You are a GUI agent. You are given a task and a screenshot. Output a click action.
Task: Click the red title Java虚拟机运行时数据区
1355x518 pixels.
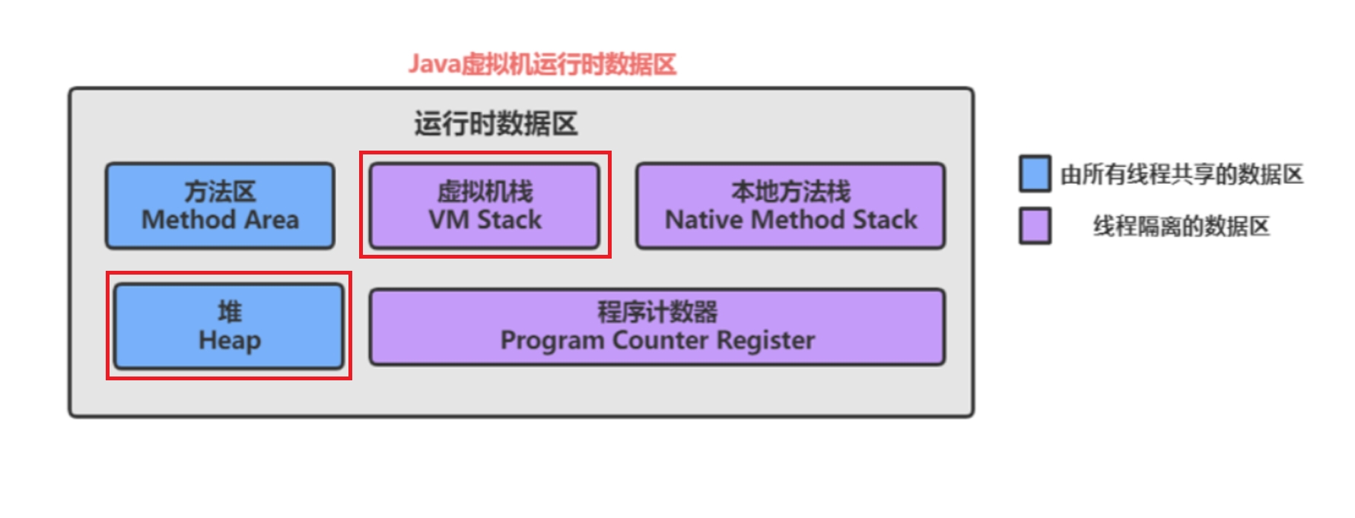(542, 64)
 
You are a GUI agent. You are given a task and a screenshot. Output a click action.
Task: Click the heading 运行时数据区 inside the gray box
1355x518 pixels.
(495, 123)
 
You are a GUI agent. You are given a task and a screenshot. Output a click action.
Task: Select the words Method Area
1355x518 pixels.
(220, 220)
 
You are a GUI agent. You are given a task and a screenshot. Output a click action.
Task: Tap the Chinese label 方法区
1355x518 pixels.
(220, 191)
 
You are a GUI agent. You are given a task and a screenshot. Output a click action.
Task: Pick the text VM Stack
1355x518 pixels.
(485, 220)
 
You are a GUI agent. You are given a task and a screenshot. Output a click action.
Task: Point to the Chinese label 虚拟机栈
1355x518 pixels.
(485, 191)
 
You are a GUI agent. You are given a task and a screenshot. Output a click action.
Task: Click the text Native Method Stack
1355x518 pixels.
(790, 220)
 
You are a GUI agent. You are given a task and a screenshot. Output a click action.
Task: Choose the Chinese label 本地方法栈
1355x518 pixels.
(790, 191)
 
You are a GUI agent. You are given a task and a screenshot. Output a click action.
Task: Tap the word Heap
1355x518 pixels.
(229, 340)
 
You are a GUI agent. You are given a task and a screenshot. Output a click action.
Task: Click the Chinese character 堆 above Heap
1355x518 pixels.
(229, 311)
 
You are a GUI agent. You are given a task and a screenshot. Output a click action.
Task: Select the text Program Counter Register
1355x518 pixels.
(657, 340)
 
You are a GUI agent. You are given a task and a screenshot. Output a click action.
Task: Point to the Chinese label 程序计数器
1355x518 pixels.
(657, 311)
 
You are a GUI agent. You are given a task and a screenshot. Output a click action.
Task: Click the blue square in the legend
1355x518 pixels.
(1035, 173)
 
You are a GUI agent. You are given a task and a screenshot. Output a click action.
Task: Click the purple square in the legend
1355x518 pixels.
(1035, 226)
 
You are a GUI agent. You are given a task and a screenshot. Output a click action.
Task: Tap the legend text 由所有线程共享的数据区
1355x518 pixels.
(1182, 174)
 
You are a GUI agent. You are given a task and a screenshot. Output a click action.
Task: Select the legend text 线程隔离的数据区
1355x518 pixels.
(1182, 226)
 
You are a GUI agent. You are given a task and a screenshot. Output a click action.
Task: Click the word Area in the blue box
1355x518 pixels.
(272, 220)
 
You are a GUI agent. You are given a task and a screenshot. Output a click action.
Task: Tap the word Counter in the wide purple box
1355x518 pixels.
(660, 340)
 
